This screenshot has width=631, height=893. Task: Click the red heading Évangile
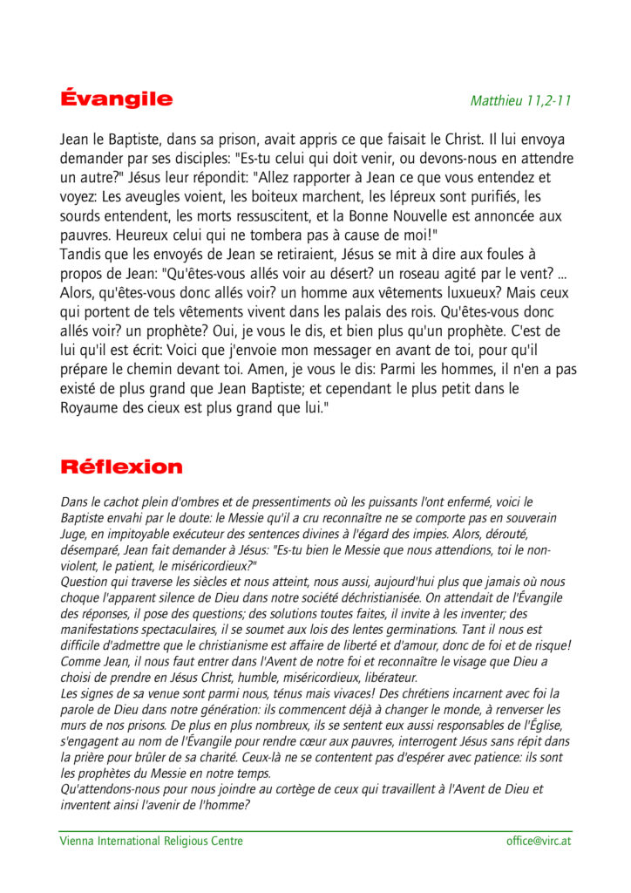(116, 99)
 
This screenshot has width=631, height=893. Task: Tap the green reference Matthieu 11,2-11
(520, 100)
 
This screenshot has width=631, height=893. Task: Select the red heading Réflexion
(121, 467)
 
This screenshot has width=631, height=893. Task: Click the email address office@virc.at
(539, 841)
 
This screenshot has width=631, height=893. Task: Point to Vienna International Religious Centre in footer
(152, 841)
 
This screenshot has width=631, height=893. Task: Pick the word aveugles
(159, 196)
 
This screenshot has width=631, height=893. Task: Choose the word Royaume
(91, 407)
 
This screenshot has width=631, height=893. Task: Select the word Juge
(72, 533)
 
